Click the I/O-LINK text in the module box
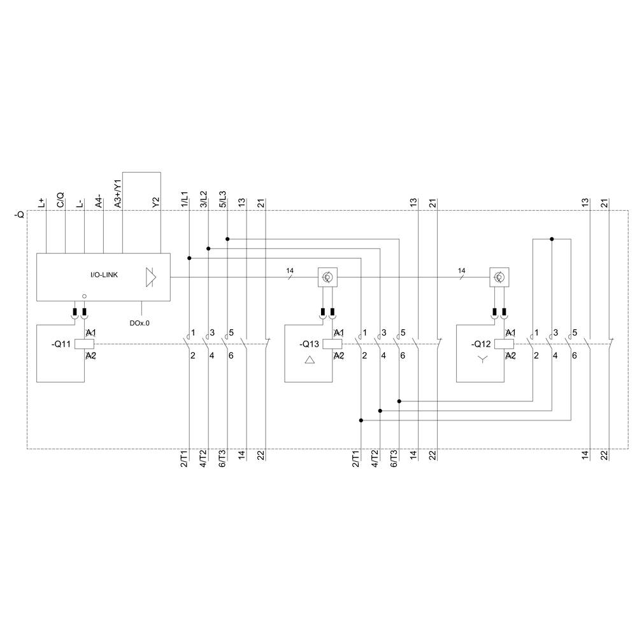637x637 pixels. click(x=104, y=275)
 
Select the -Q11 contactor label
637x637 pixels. click(x=61, y=344)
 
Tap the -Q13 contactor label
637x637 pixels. click(x=309, y=344)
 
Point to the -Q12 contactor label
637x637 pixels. click(x=481, y=344)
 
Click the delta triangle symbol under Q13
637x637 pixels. click(x=310, y=361)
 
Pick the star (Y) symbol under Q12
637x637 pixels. click(x=482, y=361)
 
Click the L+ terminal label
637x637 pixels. click(x=43, y=203)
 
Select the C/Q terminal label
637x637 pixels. click(x=61, y=200)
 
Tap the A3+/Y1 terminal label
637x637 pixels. click(x=117, y=193)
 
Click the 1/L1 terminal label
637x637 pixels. click(x=185, y=199)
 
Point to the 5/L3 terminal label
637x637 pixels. click(x=223, y=199)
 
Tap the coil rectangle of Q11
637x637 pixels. click(x=85, y=344)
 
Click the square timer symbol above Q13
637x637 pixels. click(x=327, y=277)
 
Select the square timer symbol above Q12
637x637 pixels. click(x=499, y=277)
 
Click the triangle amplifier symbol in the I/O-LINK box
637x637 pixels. click(x=151, y=277)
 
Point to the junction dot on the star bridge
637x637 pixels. click(x=552, y=240)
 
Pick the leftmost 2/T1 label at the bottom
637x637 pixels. click(x=183, y=458)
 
